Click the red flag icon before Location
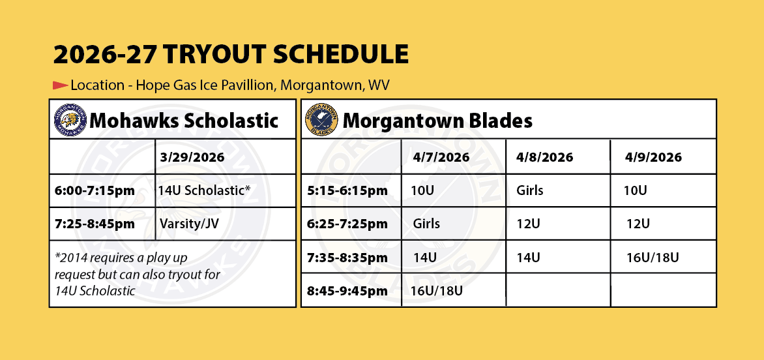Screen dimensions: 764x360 [60, 85]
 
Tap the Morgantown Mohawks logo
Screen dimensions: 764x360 [70, 120]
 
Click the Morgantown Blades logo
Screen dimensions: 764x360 [321, 121]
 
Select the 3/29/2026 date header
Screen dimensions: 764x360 [192, 158]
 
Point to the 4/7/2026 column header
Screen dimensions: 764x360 [441, 157]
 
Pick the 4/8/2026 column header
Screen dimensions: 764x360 [545, 157]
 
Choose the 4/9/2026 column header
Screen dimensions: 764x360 [653, 157]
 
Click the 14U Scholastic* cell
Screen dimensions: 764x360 [204, 190]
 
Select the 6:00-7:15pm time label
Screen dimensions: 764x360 [94, 190]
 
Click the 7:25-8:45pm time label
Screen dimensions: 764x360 [94, 224]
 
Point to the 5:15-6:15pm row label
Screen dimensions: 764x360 [347, 190]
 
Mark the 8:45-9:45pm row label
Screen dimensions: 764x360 [347, 291]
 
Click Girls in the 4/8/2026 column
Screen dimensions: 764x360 [529, 190]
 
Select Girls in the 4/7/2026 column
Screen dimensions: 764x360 [426, 224]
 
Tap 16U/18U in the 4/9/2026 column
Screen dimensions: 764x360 [653, 257]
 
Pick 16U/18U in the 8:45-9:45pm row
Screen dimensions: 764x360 [437, 291]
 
